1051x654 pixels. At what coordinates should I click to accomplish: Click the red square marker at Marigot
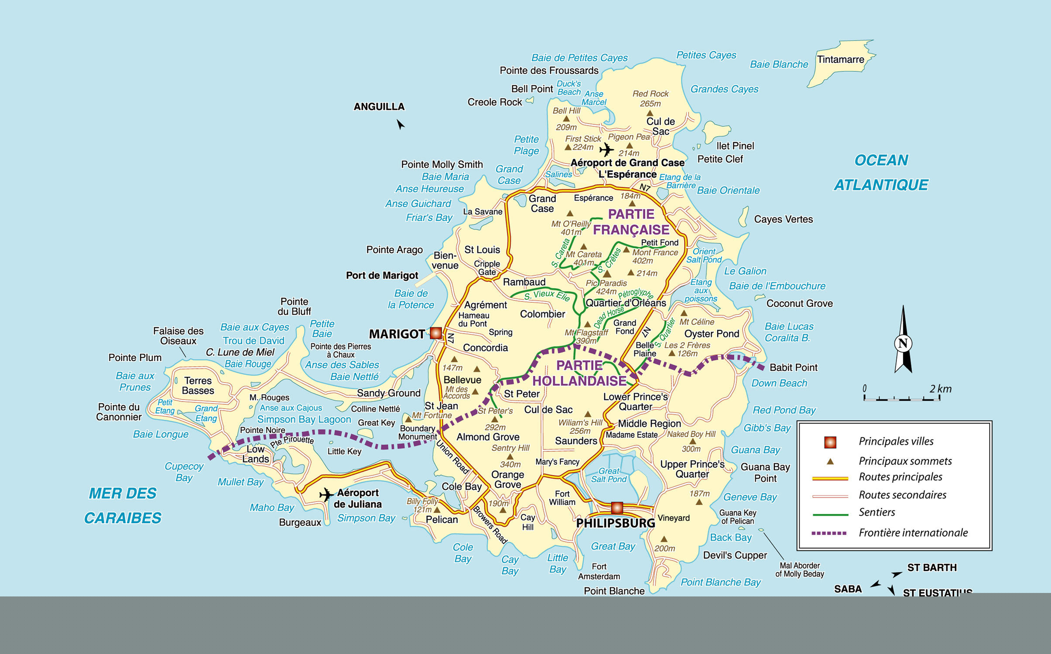coord(435,333)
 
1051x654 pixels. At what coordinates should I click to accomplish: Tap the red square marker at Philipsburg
coord(616,508)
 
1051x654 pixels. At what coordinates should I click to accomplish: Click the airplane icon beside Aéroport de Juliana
coord(326,495)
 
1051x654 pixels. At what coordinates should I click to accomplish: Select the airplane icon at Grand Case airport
coord(606,150)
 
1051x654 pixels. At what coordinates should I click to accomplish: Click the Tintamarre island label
coord(840,59)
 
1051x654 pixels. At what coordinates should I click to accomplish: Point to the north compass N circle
coord(903,343)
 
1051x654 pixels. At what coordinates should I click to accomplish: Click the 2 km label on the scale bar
coord(940,389)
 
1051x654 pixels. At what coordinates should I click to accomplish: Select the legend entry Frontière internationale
coord(913,532)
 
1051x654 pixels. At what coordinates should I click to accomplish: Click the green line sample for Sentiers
coord(830,514)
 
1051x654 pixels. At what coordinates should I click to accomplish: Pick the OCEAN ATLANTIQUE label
coord(881,173)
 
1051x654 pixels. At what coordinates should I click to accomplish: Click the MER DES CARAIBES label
coord(123,505)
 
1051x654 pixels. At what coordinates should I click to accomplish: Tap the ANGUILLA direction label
coord(379,107)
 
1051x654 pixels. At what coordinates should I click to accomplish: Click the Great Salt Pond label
coord(609,475)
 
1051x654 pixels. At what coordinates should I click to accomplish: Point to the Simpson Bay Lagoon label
coord(304,419)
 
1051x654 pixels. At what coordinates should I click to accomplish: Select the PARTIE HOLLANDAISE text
coord(579,373)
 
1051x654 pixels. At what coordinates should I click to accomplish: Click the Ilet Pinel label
coord(735,146)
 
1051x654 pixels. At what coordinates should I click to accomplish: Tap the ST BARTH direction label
coord(932,568)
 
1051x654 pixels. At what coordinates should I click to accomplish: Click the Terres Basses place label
coord(198,385)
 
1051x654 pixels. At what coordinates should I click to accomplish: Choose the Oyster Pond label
coord(712,334)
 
